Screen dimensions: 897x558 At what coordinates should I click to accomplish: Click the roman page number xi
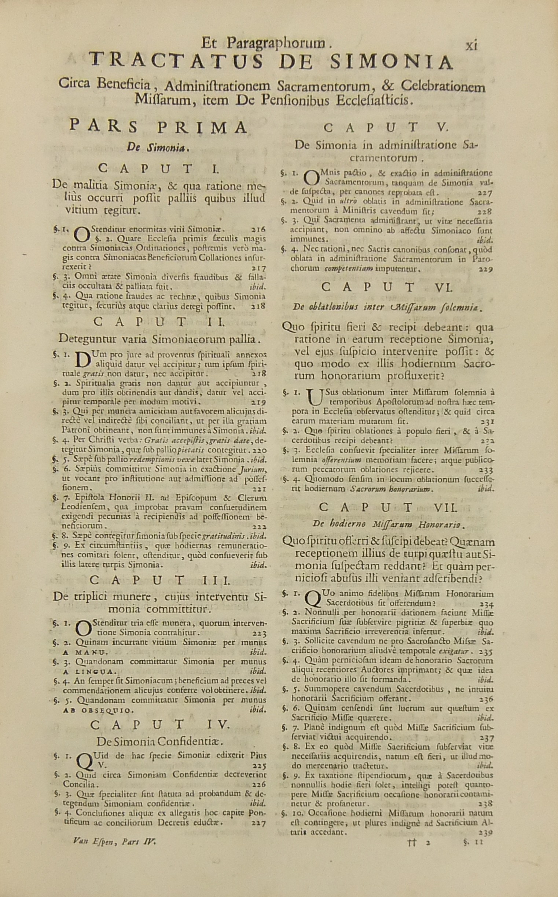coord(471,45)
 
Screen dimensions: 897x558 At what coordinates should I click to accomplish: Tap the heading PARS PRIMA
coord(158,127)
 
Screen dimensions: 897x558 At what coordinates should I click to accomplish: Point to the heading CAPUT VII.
coord(388,508)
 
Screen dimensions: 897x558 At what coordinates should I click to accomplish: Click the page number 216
coord(258,229)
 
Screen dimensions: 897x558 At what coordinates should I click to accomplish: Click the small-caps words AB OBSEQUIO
coord(97,710)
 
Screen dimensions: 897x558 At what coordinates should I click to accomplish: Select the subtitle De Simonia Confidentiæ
coord(160,741)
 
